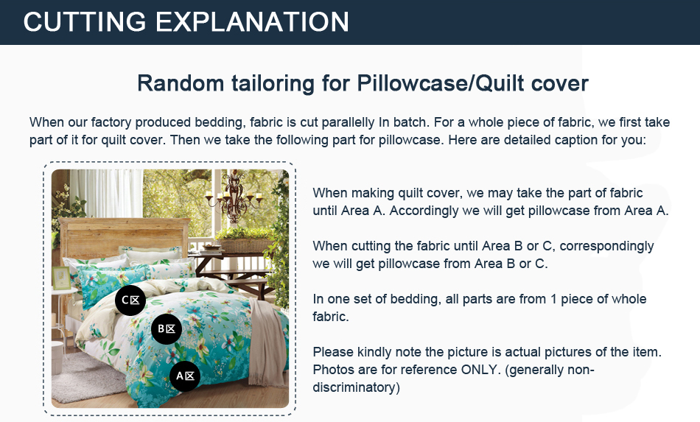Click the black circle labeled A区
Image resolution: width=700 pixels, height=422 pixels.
(x=185, y=376)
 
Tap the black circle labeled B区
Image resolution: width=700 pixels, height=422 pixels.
(x=167, y=328)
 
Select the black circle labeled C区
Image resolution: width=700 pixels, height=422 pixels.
(x=130, y=300)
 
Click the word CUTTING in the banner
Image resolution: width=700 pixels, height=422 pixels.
(x=85, y=22)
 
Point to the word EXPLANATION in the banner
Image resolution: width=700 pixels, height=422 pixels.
(x=252, y=22)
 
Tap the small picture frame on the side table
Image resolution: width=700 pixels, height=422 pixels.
(x=60, y=278)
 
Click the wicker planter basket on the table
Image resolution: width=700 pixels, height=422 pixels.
(x=244, y=245)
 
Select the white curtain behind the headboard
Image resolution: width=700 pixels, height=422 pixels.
(x=107, y=193)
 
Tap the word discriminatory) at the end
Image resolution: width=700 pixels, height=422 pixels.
(x=356, y=387)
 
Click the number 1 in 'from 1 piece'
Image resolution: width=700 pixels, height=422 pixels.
(x=553, y=299)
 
